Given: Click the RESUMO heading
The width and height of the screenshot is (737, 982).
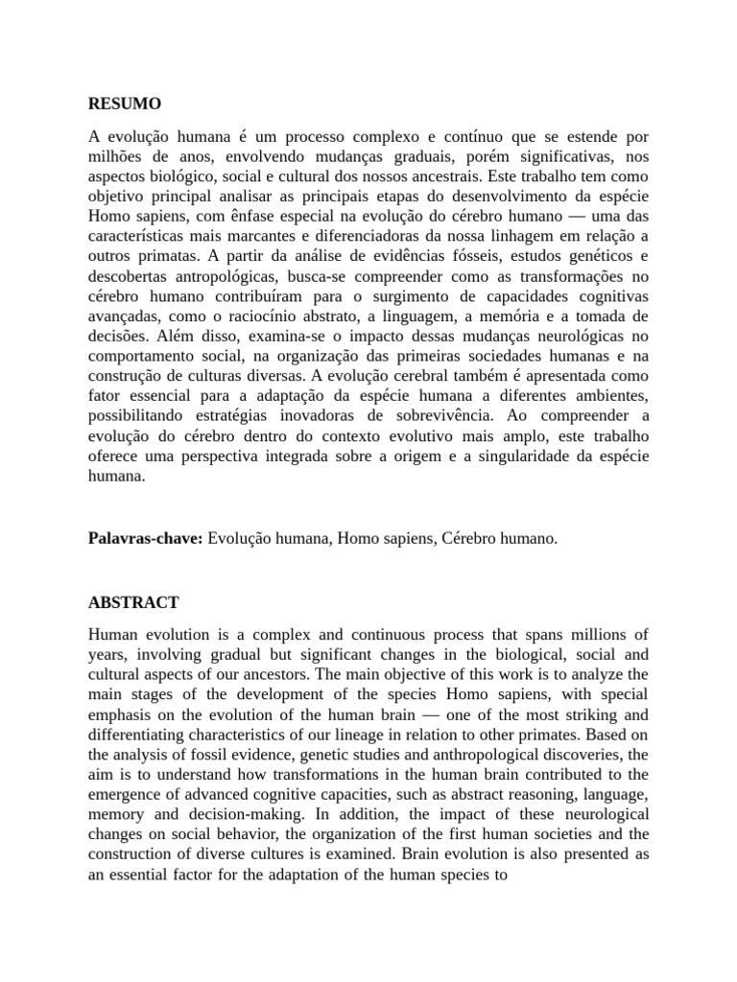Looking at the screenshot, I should click(x=125, y=104).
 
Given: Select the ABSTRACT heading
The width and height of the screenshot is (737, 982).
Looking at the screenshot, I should click(x=133, y=603).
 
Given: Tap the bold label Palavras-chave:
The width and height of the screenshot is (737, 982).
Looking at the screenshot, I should click(x=146, y=539).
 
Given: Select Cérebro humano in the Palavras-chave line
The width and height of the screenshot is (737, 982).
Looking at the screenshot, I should click(x=500, y=539).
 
